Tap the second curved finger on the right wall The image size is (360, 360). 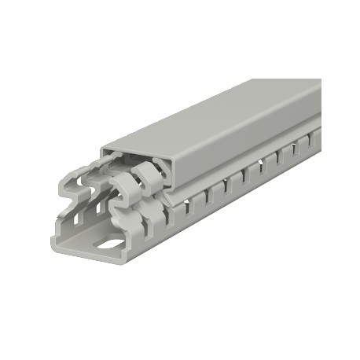(146, 178)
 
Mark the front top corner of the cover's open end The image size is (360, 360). (101, 148)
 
